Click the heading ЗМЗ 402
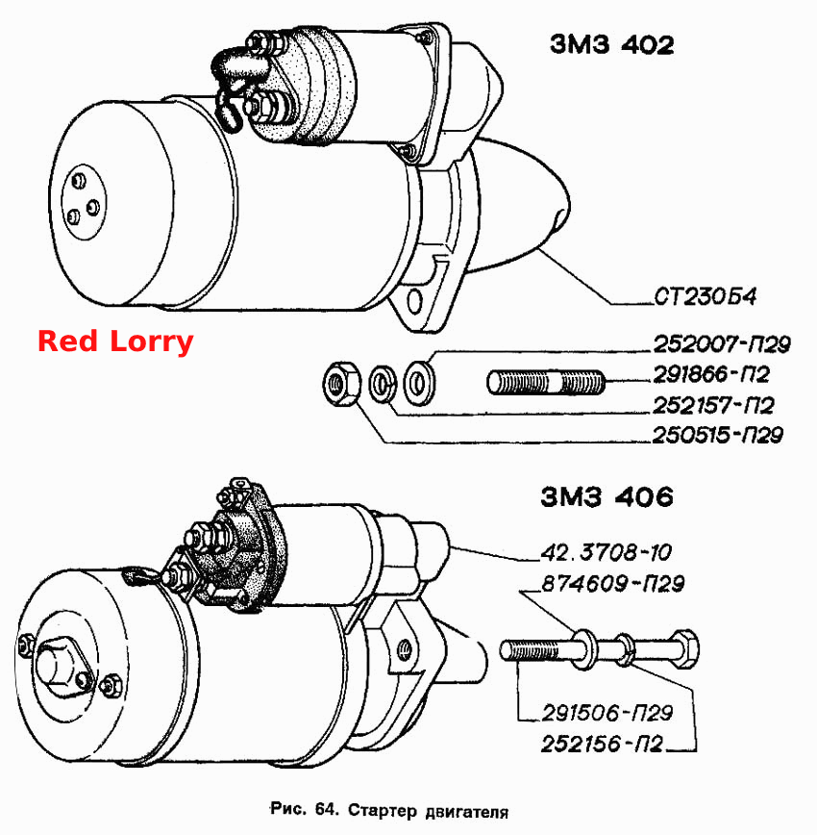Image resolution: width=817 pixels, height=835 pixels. [612, 44]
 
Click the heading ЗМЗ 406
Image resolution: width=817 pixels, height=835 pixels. [607, 497]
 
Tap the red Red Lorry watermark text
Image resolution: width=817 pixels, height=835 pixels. [115, 342]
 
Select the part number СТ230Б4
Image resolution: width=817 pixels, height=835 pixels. [705, 296]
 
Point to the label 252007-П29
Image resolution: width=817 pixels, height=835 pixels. [722, 344]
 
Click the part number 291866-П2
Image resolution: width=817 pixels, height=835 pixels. [711, 374]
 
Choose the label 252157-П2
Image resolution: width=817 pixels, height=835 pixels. [713, 406]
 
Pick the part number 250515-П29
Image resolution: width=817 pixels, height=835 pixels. [717, 435]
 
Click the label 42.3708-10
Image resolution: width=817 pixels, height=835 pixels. [607, 553]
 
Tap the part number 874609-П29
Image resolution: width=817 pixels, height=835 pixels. [612, 584]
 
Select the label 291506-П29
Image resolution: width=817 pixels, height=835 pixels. [607, 713]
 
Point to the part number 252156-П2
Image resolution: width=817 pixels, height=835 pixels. [603, 744]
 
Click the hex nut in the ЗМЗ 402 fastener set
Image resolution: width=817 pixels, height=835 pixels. [342, 384]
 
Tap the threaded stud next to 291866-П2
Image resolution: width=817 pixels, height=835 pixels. [546, 382]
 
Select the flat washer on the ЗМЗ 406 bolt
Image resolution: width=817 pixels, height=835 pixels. [583, 648]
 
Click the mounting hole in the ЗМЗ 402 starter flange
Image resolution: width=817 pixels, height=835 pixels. [414, 302]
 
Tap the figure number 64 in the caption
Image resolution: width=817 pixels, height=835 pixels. [326, 809]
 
